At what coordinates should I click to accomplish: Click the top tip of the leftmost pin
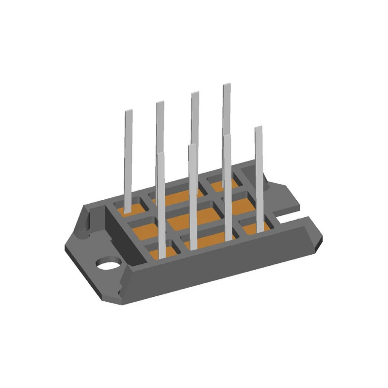(x=129, y=113)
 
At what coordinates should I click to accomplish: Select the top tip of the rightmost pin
(x=259, y=129)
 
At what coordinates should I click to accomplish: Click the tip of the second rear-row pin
(x=160, y=103)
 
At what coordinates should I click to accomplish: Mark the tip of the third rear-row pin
(x=194, y=94)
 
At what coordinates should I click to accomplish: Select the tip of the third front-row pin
(x=226, y=138)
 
